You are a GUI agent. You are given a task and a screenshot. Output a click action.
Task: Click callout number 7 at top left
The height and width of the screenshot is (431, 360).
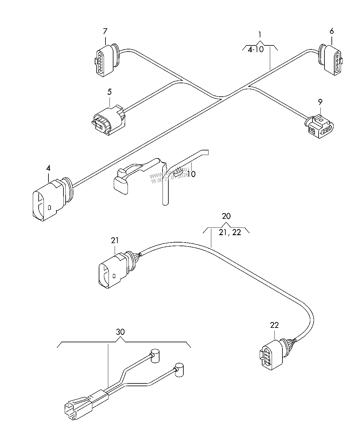pos(105,31)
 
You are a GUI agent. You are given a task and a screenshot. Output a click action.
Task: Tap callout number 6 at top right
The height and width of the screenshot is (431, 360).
pos(331,31)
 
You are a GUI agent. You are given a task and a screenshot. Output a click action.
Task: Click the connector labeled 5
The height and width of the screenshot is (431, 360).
pos(108,121)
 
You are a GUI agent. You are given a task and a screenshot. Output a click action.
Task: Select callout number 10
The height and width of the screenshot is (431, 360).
pos(191,174)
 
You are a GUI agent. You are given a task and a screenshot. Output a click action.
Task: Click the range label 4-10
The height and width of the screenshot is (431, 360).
pos(255,49)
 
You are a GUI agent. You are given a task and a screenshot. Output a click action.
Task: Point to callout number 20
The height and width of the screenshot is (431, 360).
pos(226,216)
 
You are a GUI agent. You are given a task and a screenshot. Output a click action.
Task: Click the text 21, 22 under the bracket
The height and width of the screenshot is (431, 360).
pos(230,232)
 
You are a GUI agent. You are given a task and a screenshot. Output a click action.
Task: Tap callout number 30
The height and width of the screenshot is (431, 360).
pos(121,332)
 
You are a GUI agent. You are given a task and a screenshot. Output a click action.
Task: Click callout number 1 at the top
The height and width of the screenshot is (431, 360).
pos(260,34)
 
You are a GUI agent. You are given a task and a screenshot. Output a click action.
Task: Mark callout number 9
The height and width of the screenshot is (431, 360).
pos(320,102)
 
